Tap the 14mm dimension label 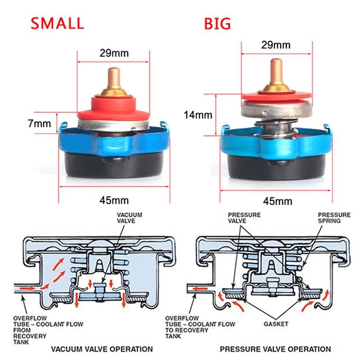(x=198, y=115)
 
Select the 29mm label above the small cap (x=114, y=53)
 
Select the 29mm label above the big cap (x=275, y=45)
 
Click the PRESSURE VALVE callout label (x=244, y=218)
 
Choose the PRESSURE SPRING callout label (x=334, y=218)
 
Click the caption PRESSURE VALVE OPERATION (x=275, y=349)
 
